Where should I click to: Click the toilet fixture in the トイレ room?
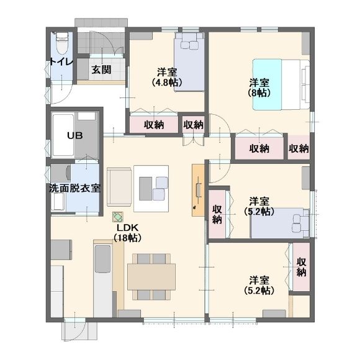[62, 42]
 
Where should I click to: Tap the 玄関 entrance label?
[101, 70]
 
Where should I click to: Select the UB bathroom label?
[75, 136]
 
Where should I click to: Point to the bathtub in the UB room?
[63, 135]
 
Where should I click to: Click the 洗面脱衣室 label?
[75, 189]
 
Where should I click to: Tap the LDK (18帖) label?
[127, 233]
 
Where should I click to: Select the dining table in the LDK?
[151, 277]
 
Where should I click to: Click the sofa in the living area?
[119, 187]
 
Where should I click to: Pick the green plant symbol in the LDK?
[118, 217]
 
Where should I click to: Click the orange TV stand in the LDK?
[198, 190]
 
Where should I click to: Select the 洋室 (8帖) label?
[259, 88]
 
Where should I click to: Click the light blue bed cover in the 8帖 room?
[268, 84]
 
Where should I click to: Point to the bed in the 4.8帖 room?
[189, 62]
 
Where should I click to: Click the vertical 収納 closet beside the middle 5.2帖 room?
[217, 214]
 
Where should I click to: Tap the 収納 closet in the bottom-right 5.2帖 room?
[301, 267]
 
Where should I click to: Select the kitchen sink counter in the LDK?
[103, 279]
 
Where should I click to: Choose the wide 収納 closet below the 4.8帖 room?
[154, 124]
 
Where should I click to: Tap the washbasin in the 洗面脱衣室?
[58, 201]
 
